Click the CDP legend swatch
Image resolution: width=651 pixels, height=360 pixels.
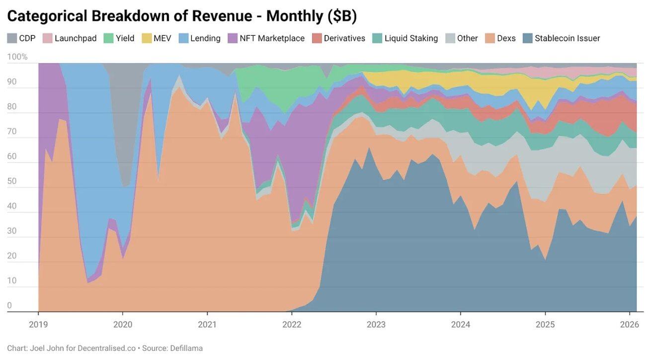click(x=12, y=38)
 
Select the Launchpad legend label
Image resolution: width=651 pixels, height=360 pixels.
click(x=75, y=38)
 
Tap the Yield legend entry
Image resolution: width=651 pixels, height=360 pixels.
click(x=125, y=38)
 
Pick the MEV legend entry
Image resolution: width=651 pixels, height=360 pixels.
click(x=162, y=38)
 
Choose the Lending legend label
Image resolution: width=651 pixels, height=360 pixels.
click(x=205, y=38)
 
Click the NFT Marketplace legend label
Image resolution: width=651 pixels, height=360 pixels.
click(x=272, y=38)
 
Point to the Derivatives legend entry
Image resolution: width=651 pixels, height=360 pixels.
click(x=344, y=38)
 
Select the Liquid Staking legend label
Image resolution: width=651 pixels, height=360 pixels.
click(x=411, y=38)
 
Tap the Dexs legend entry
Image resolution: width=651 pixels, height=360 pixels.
click(x=506, y=38)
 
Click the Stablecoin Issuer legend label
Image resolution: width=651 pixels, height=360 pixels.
click(x=567, y=38)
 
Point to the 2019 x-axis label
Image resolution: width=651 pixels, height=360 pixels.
click(x=38, y=325)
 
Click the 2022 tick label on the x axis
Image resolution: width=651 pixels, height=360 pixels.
click(x=292, y=325)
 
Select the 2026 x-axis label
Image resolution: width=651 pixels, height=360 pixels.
click(x=630, y=325)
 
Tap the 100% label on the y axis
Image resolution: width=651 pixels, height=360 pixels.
click(x=17, y=57)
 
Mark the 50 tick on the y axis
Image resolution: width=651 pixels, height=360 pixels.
click(x=11, y=181)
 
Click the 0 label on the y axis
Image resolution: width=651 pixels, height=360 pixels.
click(x=9, y=305)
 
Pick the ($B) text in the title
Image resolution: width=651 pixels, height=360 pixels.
click(x=342, y=16)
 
